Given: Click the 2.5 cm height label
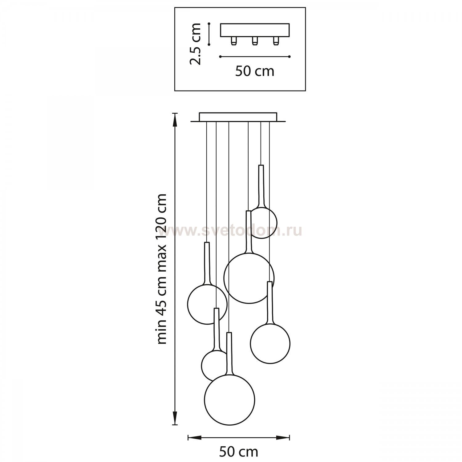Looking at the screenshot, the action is coord(195,44).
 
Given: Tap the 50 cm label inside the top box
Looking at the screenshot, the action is coord(255,71).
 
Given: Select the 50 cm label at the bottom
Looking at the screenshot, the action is coord(239,452).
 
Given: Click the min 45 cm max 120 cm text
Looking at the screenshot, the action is coord(162,269).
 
